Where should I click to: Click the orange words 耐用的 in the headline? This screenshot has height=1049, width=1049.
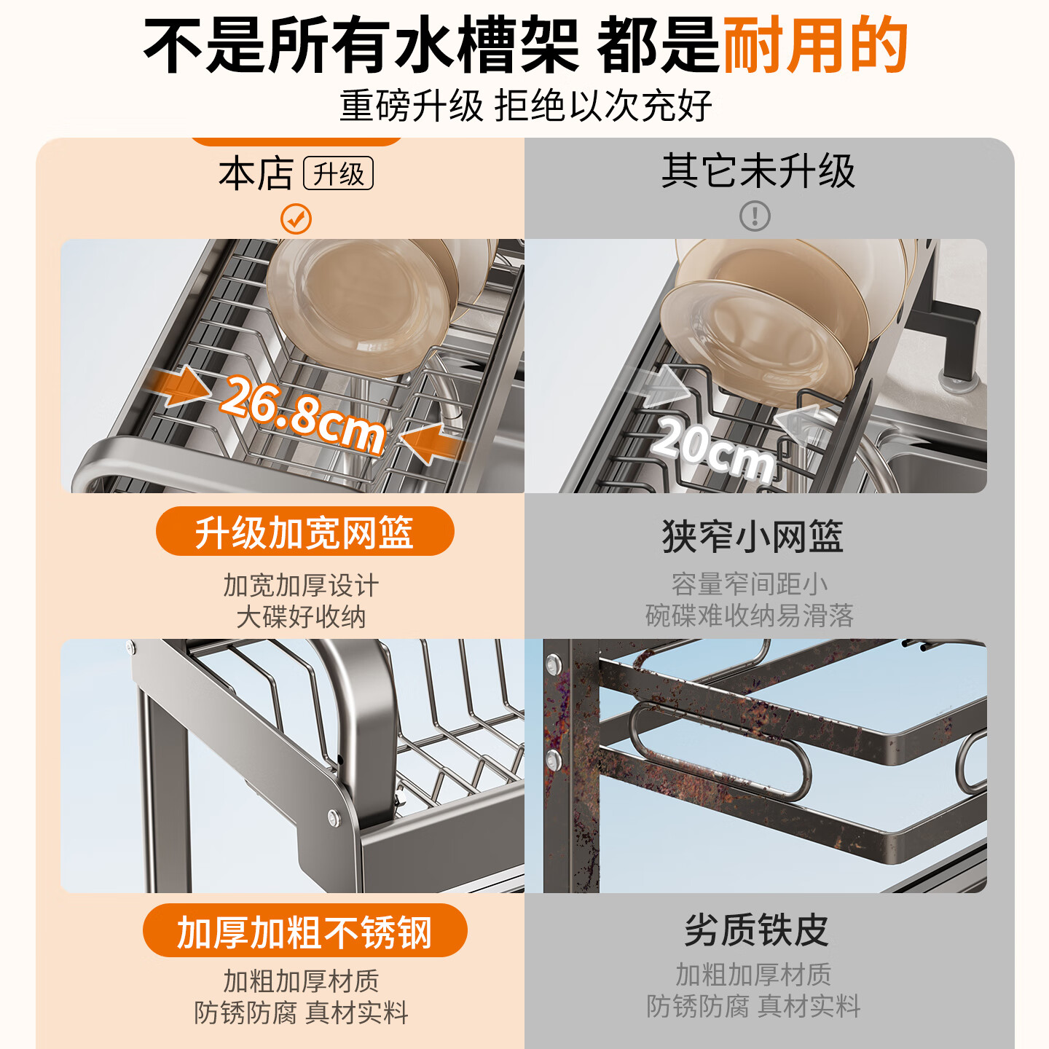click(814, 45)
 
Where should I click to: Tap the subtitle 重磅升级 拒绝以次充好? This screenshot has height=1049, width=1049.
click(524, 106)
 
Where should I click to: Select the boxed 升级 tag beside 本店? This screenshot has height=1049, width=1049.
click(338, 174)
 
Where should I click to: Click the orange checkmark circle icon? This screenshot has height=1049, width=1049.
click(296, 219)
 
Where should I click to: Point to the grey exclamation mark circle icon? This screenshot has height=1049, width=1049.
click(755, 216)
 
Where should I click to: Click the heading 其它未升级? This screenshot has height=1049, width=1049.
click(758, 172)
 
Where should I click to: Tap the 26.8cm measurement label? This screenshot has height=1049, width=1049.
click(302, 415)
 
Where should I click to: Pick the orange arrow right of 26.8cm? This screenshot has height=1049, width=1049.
click(430, 443)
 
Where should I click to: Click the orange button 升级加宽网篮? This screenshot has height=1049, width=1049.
click(305, 532)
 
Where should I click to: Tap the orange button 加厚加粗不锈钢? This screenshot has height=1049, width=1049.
click(305, 931)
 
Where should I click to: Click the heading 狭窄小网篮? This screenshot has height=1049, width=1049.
click(752, 537)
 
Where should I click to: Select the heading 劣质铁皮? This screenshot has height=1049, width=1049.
click(756, 930)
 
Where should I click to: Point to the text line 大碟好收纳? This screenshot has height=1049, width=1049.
click(301, 617)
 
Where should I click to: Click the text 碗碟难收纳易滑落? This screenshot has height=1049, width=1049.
click(749, 616)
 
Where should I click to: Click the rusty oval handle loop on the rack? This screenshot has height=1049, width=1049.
click(718, 750)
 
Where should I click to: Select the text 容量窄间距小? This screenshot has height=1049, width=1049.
click(749, 584)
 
